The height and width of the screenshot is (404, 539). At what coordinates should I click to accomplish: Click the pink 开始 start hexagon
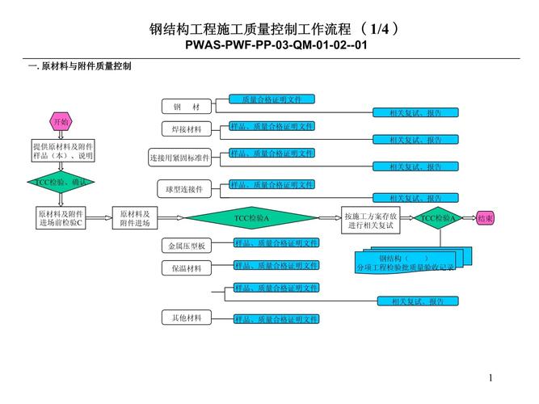click(61, 122)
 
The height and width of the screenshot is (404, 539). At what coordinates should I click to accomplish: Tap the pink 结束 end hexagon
click(486, 218)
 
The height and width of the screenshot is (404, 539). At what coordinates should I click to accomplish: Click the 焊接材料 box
click(187, 129)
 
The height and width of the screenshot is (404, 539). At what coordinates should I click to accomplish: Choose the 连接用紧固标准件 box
click(179, 157)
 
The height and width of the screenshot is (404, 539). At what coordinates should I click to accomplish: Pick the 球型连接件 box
click(185, 188)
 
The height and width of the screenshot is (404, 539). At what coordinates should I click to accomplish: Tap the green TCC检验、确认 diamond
click(61, 183)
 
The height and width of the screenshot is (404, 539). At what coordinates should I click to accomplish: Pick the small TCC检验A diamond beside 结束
click(439, 218)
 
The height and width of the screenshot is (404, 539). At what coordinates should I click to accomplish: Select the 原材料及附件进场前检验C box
click(61, 218)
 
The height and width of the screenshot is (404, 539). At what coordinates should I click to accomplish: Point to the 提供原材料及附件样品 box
click(61, 151)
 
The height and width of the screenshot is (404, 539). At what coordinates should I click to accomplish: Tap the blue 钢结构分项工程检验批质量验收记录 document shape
click(404, 261)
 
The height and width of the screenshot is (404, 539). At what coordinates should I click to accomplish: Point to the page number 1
click(491, 377)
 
